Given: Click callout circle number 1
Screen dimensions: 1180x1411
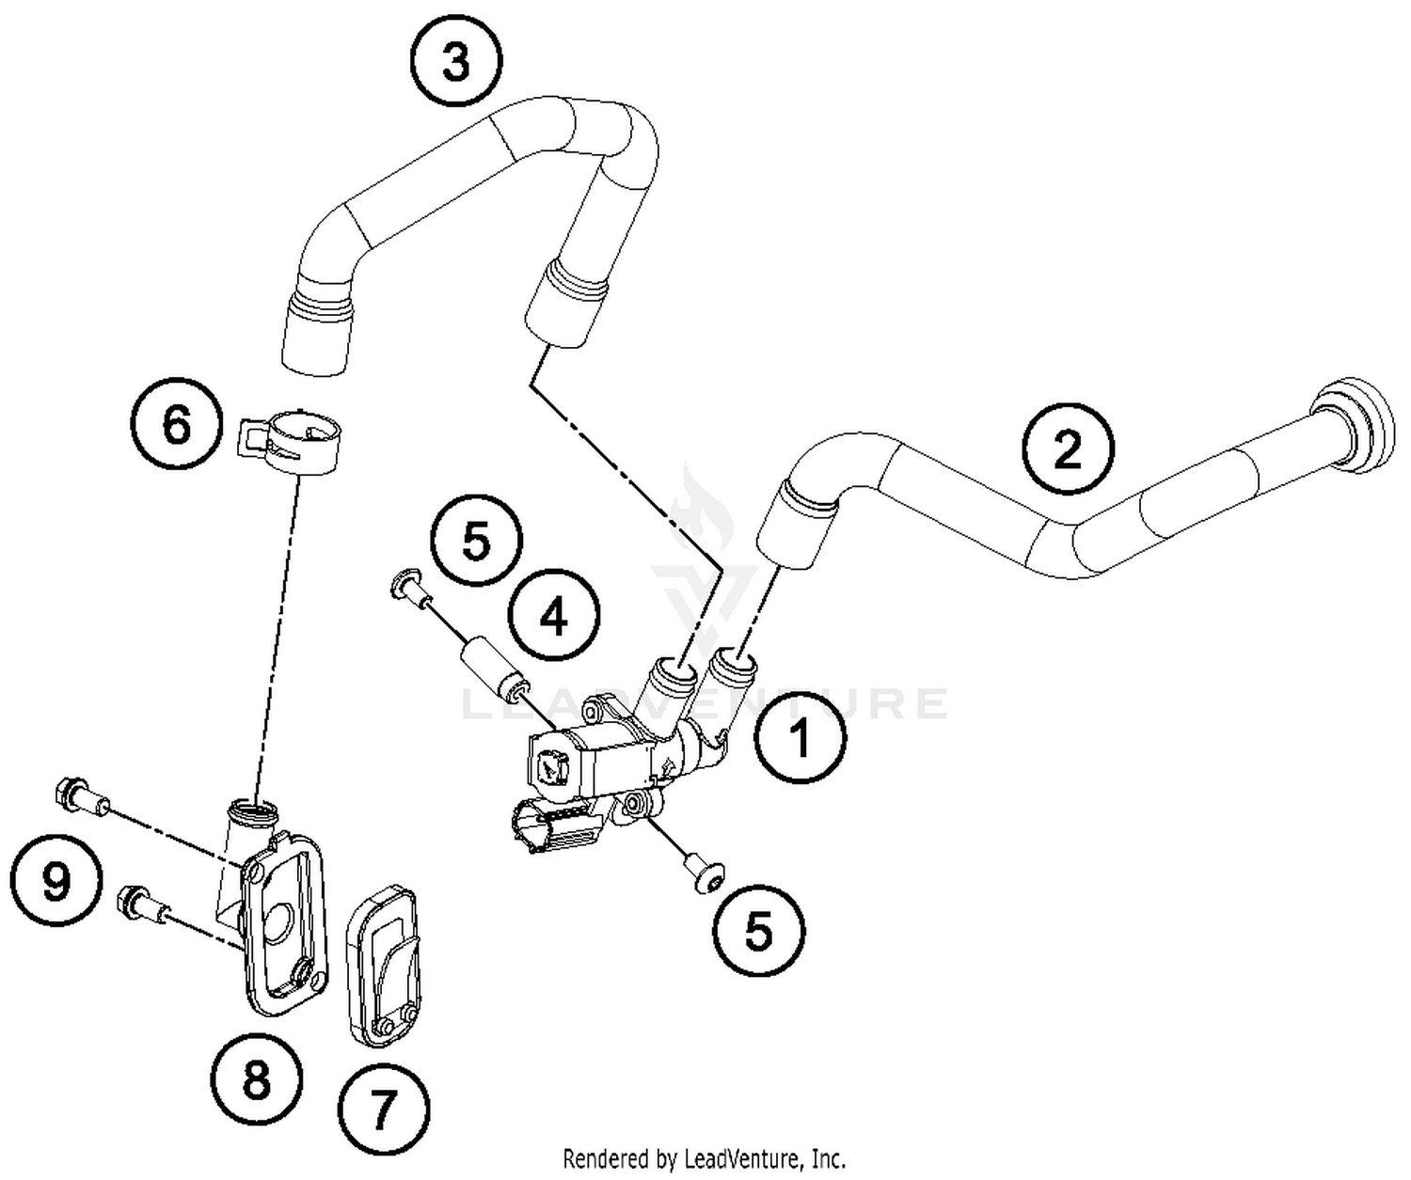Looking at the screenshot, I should (x=801, y=737).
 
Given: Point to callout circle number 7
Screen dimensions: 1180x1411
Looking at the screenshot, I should (x=382, y=1111).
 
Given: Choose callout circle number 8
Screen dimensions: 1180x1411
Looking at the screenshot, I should (x=256, y=1081).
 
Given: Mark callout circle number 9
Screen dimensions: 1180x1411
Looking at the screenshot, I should (x=55, y=882).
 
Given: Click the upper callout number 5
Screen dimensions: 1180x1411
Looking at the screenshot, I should (x=476, y=543).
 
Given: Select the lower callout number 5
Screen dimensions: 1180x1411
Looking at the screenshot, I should (x=758, y=931).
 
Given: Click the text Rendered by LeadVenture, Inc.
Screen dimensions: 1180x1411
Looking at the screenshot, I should (x=704, y=1157).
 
